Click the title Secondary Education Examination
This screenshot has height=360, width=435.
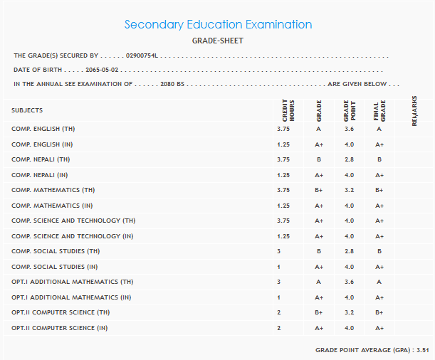click(x=218, y=24)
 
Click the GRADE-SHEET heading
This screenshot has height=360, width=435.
click(x=218, y=41)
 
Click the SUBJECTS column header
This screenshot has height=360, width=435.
click(x=27, y=110)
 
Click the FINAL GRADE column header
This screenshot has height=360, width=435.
click(x=379, y=112)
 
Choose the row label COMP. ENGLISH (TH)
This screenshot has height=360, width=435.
click(x=43, y=129)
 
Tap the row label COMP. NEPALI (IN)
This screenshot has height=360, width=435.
click(x=40, y=175)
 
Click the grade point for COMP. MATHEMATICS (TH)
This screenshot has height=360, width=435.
click(x=349, y=190)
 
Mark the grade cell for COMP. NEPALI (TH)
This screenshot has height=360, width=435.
click(x=318, y=159)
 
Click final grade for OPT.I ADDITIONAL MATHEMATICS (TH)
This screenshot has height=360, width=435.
click(x=379, y=282)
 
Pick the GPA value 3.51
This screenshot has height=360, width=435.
click(x=424, y=350)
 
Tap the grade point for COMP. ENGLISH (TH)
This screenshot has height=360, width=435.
click(x=349, y=129)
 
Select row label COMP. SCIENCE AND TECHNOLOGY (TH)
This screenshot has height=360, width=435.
click(x=73, y=221)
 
